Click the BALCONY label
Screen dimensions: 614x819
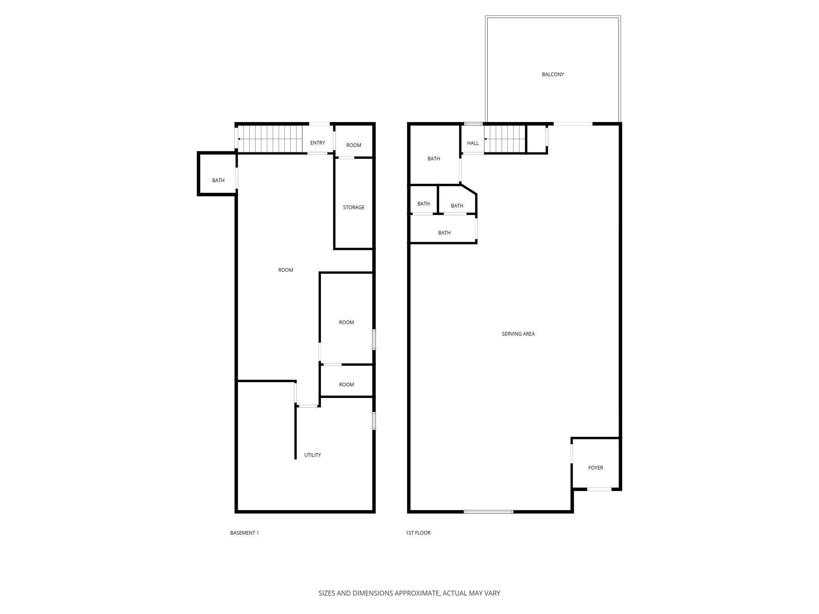[x=553, y=74]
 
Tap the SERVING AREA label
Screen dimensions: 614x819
[x=518, y=334]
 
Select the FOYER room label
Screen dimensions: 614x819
[x=595, y=467]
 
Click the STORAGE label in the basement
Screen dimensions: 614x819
[x=353, y=207]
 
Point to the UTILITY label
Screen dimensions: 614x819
[x=312, y=455]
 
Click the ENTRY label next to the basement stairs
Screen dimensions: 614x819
[x=317, y=142]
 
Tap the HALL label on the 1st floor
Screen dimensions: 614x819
[x=473, y=143]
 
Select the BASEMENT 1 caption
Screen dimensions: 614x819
[x=244, y=533]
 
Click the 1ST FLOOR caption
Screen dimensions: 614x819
[x=418, y=533]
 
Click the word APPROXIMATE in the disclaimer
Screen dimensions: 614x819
[x=417, y=593]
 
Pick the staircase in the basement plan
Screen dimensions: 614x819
[x=270, y=139]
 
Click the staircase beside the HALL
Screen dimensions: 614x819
[x=505, y=139]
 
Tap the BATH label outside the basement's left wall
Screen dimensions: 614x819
[x=218, y=180]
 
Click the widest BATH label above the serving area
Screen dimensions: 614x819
[x=444, y=233]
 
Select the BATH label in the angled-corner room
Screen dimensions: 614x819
[x=457, y=205]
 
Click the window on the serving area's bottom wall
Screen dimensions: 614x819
[x=489, y=512]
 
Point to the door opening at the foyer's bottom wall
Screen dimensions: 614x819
[x=600, y=489]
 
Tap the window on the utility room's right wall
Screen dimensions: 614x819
[x=374, y=420]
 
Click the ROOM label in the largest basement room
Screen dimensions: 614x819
[x=285, y=270]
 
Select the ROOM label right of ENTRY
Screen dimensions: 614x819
[x=353, y=145]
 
